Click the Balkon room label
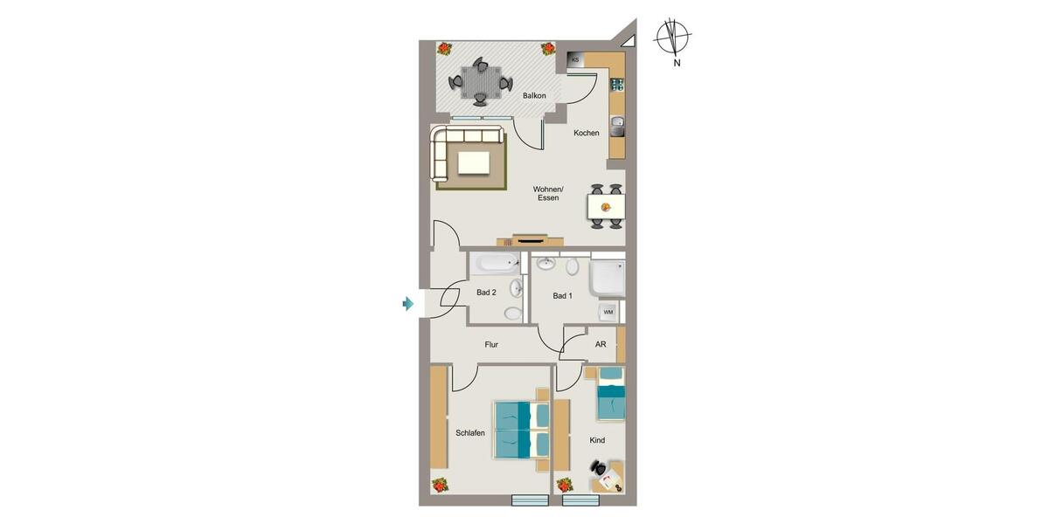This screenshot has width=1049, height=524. coord(534,96)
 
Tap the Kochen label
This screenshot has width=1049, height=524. coord(587,134)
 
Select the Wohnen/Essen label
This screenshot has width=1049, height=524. coord(548,194)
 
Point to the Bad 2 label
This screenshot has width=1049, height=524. coord(486,293)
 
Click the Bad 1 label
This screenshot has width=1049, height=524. coord(562,296)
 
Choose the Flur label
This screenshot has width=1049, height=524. coord(491,345)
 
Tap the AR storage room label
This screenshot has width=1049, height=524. coord(601,345)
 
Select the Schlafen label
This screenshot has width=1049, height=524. coord(470,433)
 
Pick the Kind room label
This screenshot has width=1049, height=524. coord(597,440)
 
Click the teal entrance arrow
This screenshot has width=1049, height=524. coord(407,304)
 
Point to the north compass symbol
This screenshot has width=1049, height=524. coord(672,38)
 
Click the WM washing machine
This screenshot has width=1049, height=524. coord(608,312)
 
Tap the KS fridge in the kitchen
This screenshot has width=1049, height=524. coord(575,59)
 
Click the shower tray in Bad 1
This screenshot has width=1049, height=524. coord(607,279)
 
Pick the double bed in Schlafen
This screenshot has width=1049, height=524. coord(521,430)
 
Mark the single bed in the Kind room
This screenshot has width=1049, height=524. coord(611,394)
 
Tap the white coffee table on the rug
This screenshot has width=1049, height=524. coord(473,163)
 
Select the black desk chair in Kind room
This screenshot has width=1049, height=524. coord(602,472)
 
